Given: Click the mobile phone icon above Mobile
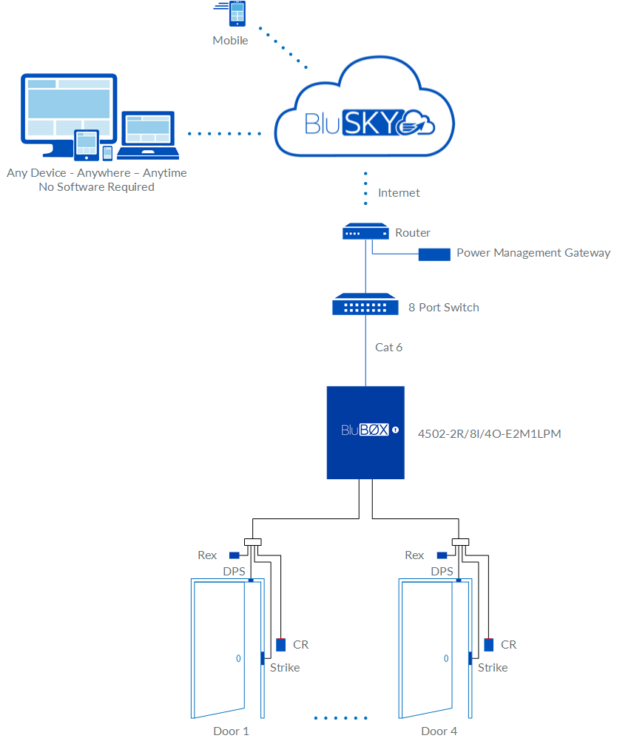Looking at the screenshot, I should tap(238, 15).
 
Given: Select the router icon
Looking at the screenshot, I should tap(365, 233).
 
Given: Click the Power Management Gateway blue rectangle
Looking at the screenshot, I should tap(434, 254).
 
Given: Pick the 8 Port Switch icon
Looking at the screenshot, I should tap(365, 304).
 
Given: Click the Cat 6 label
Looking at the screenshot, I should tap(388, 347).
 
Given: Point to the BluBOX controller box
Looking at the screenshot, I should tap(365, 432).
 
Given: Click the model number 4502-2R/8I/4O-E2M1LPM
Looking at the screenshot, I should tap(489, 433).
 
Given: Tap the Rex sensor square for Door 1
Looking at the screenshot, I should tap(234, 555).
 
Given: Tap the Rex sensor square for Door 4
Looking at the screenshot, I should tap(442, 555).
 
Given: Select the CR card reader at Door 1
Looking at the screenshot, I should tap(281, 644).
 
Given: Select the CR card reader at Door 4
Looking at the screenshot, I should tap(489, 644).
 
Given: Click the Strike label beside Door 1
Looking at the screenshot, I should tap(285, 667).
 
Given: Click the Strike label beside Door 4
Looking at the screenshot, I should tap(493, 667).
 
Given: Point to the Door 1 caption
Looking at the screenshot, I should tap(231, 731).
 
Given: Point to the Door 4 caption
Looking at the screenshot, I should tap(439, 731).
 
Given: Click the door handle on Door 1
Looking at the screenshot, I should tap(237, 657).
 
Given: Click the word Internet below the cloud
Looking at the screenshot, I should tap(399, 193).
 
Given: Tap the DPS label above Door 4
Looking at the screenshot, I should tap(442, 572).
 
